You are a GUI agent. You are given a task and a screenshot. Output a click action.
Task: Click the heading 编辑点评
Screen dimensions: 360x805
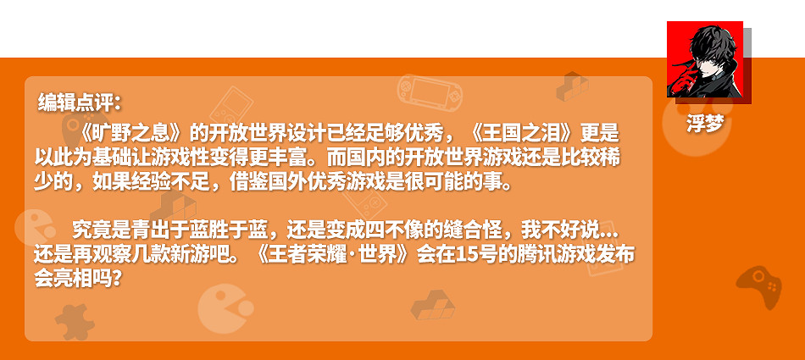pos(80,103)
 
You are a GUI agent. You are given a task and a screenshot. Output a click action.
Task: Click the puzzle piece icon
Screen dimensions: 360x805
pos(75,321)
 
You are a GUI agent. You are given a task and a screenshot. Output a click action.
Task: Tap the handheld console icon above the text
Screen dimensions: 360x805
pos(430,90)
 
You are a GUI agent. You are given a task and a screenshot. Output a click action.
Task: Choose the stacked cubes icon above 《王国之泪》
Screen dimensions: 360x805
pos(573,86)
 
